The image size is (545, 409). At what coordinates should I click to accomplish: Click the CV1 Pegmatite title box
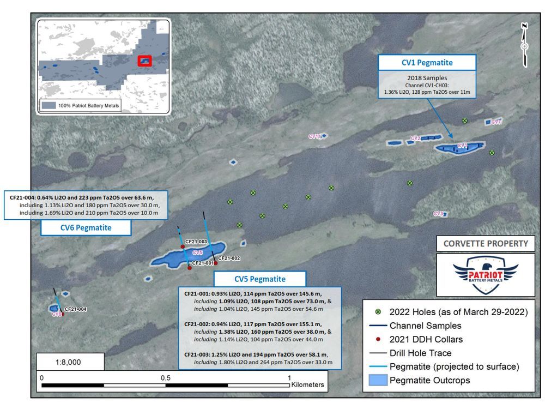pyautogui.click(x=427, y=63)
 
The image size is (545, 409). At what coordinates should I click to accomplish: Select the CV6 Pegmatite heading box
pyautogui.click(x=86, y=228)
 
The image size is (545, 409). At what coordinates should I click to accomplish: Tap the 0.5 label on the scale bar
pyautogui.click(x=166, y=378)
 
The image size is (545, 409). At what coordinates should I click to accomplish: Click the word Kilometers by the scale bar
pyautogui.click(x=308, y=384)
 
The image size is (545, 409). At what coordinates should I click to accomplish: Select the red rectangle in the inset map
pyautogui.click(x=144, y=61)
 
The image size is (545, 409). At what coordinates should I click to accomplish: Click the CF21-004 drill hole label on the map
pyautogui.click(x=76, y=309)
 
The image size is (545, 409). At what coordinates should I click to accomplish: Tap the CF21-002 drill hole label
pyautogui.click(x=229, y=258)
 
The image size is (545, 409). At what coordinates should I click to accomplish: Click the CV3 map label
pyautogui.click(x=439, y=214)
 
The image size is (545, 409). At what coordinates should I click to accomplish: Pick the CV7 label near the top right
pyautogui.click(x=496, y=122)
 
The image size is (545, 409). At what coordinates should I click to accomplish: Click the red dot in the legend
pyautogui.click(x=378, y=339)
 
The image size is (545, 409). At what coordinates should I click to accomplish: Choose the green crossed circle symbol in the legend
pyautogui.click(x=378, y=312)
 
